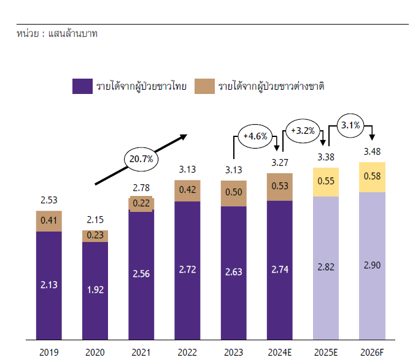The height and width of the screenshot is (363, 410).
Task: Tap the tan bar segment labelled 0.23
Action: pyautogui.click(x=95, y=236)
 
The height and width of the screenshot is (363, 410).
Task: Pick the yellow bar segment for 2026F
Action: pyautogui.click(x=372, y=177)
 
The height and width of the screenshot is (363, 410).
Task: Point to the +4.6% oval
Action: pyautogui.click(x=255, y=136)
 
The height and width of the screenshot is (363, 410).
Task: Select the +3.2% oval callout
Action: pyautogui.click(x=303, y=130)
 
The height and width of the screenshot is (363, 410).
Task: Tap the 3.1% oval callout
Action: pyautogui.click(x=350, y=125)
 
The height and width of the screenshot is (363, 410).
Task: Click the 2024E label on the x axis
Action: pyautogui.click(x=279, y=353)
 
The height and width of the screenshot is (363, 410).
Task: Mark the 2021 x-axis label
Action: pyautogui.click(x=141, y=353)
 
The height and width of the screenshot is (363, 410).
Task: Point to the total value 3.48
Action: pyautogui.click(x=372, y=152)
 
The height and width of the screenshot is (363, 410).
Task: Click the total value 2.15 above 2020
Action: pyautogui.click(x=95, y=219)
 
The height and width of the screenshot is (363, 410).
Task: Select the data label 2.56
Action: pyautogui.click(x=141, y=272)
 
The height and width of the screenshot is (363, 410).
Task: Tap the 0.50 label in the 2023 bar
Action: pyautogui.click(x=233, y=192)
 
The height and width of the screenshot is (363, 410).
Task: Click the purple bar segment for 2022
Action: pyautogui.click(x=187, y=270)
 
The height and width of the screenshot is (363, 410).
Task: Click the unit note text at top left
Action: pyautogui.click(x=57, y=33)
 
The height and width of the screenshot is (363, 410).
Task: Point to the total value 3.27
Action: pyautogui.click(x=279, y=163)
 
